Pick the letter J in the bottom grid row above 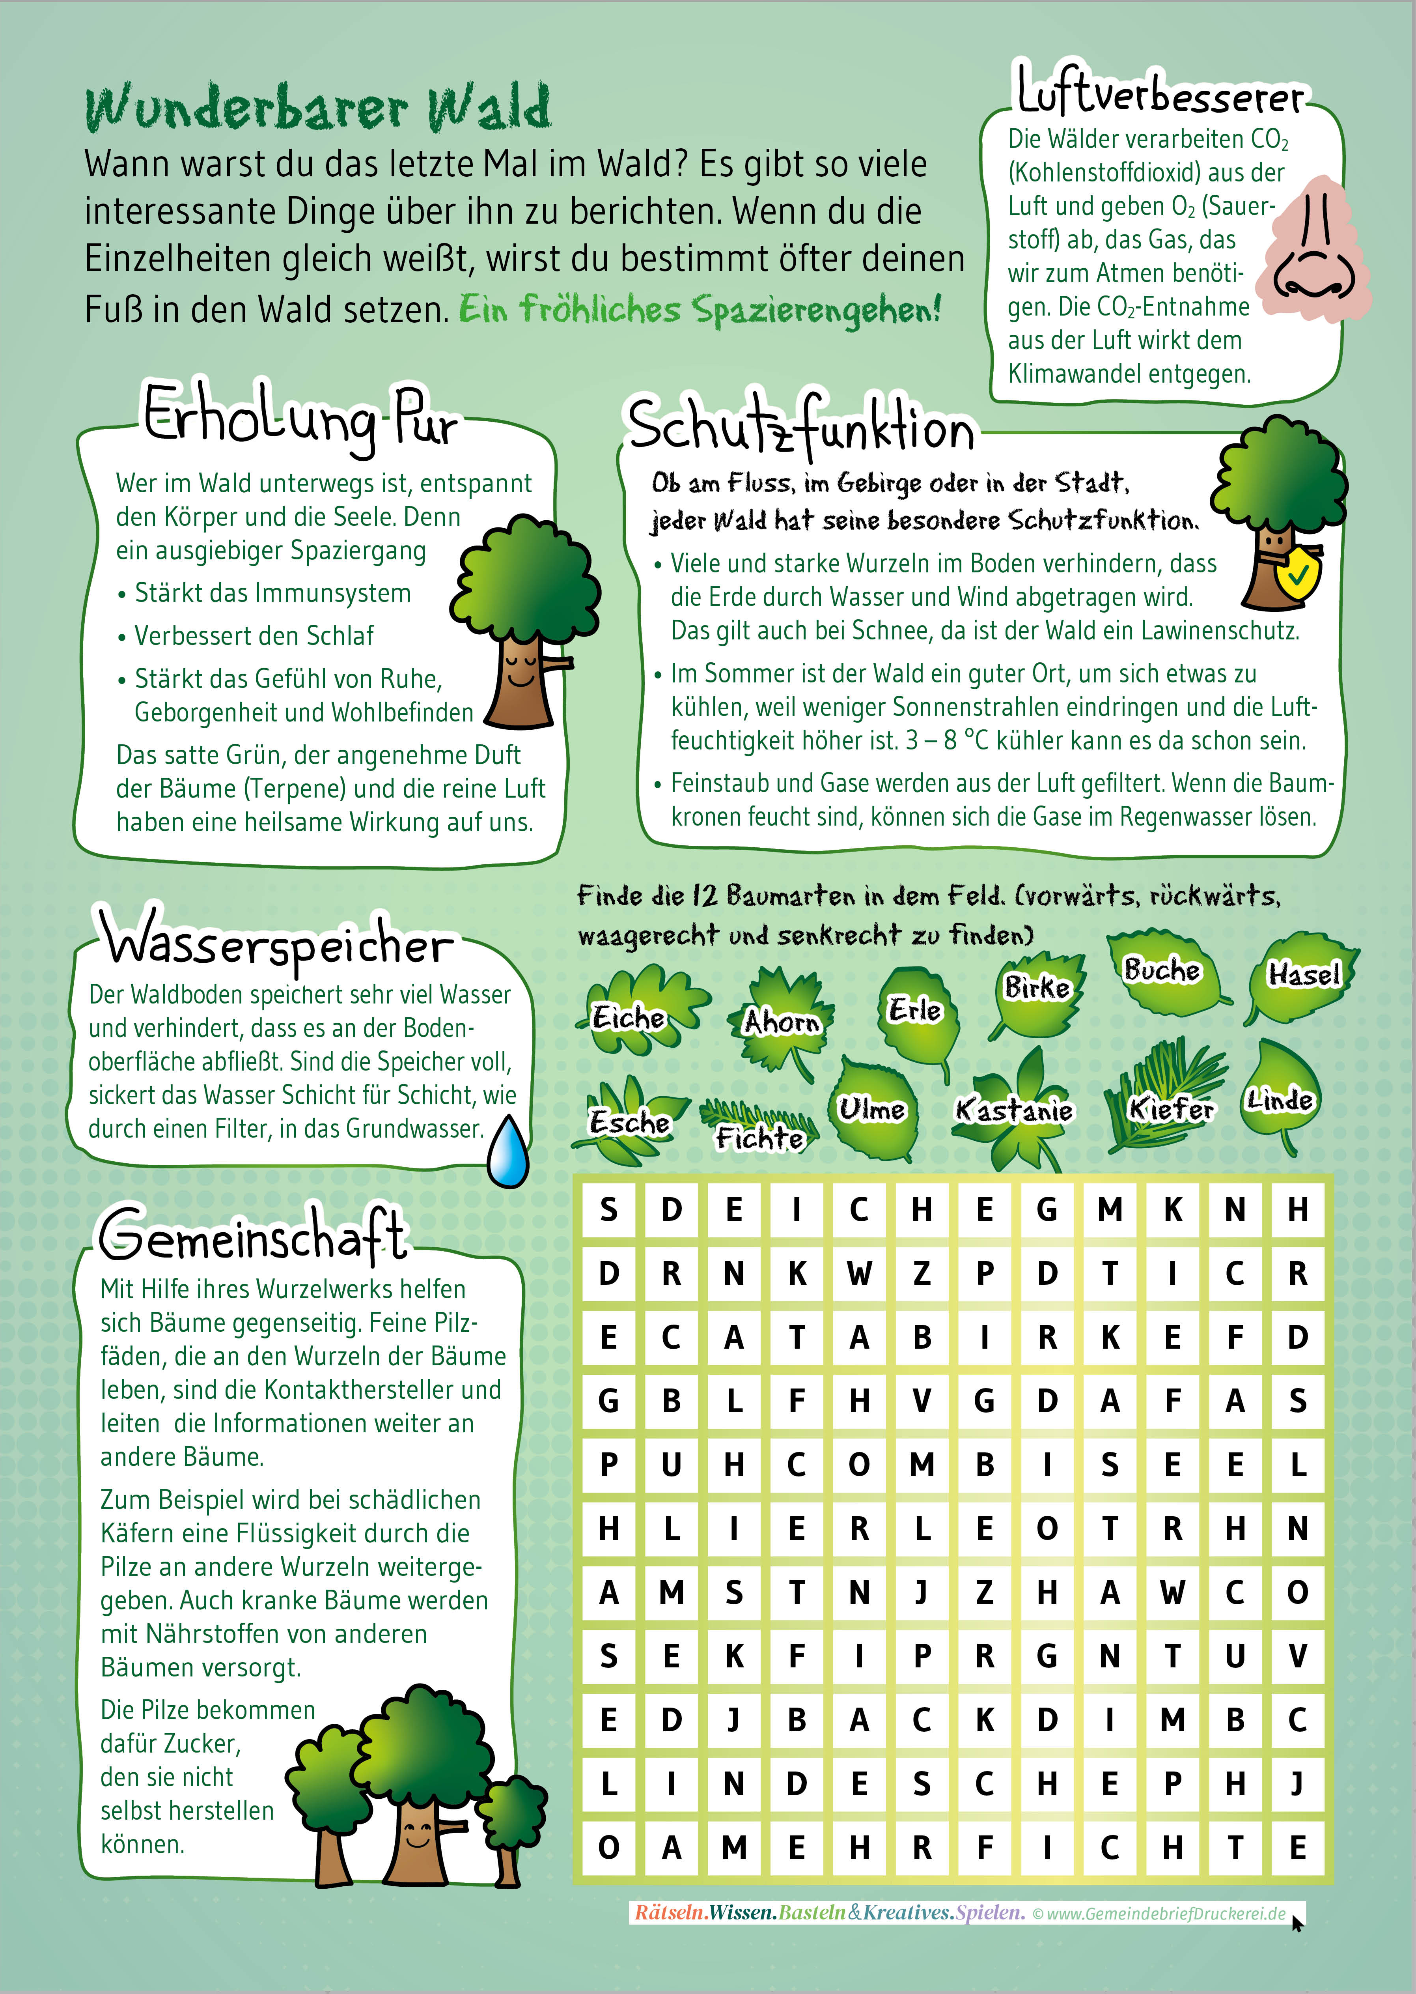click(x=1297, y=1784)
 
